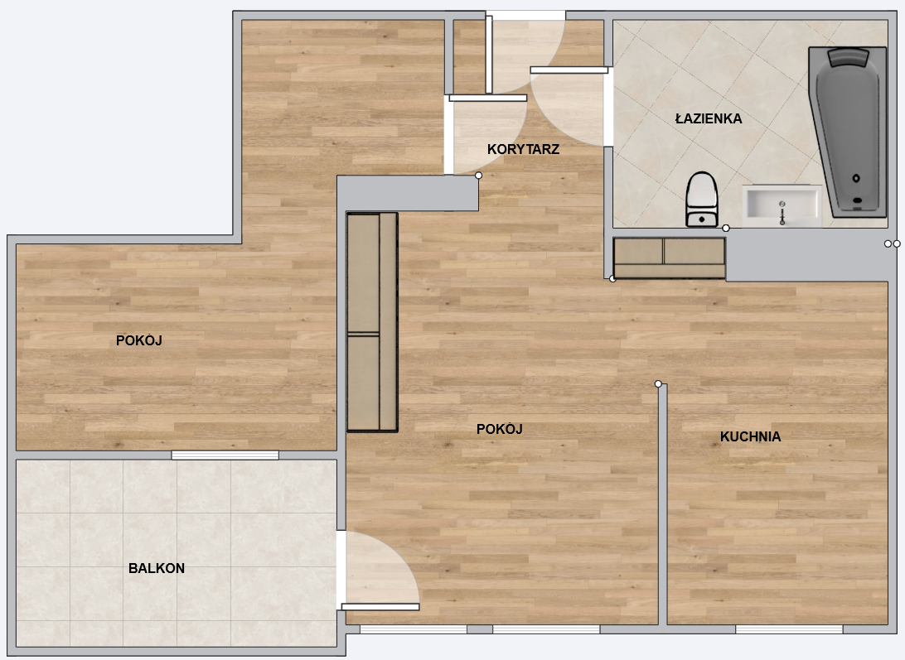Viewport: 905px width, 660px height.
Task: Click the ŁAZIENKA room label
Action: [709, 118]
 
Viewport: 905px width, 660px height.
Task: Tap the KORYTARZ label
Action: [523, 149]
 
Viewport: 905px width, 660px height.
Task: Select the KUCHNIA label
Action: [750, 436]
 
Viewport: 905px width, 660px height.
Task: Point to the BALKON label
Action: [157, 568]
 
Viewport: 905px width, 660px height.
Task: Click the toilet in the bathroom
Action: [702, 199]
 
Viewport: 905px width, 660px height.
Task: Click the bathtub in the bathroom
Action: [848, 132]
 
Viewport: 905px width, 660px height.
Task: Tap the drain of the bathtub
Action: [856, 178]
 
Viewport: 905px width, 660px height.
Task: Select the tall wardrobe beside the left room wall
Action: [372, 322]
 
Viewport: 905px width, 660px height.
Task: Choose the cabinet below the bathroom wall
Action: [670, 258]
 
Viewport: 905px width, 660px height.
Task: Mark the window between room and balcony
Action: [225, 455]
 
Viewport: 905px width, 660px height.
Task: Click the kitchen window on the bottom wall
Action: [789, 629]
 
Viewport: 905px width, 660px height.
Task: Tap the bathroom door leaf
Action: [569, 70]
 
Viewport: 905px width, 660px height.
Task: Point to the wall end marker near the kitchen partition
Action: [658, 383]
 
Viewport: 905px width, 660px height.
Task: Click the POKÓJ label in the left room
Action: [138, 340]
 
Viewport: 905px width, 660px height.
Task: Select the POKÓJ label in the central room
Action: [499, 429]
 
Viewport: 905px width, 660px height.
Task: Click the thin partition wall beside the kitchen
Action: [663, 504]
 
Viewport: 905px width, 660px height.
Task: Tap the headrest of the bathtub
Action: [849, 58]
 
